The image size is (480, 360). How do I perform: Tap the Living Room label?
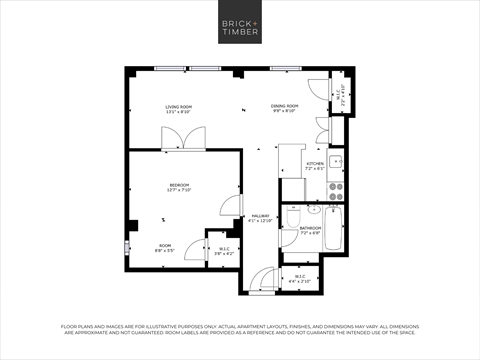[x=179, y=109]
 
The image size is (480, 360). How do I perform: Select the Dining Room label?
[x=284, y=109]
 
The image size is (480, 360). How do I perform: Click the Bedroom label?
[x=180, y=187]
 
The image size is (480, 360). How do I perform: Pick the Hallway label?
[x=261, y=218]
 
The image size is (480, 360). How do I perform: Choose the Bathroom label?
[x=310, y=230]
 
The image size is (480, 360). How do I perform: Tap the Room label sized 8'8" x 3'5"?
[x=165, y=249]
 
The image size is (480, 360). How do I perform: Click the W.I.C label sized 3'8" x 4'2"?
[x=224, y=252]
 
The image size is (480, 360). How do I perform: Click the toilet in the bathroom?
[x=291, y=217]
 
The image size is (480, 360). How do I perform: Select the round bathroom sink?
[x=313, y=210]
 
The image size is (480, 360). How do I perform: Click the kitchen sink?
[x=337, y=162]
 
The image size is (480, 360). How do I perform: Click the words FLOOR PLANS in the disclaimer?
[x=84, y=326]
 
